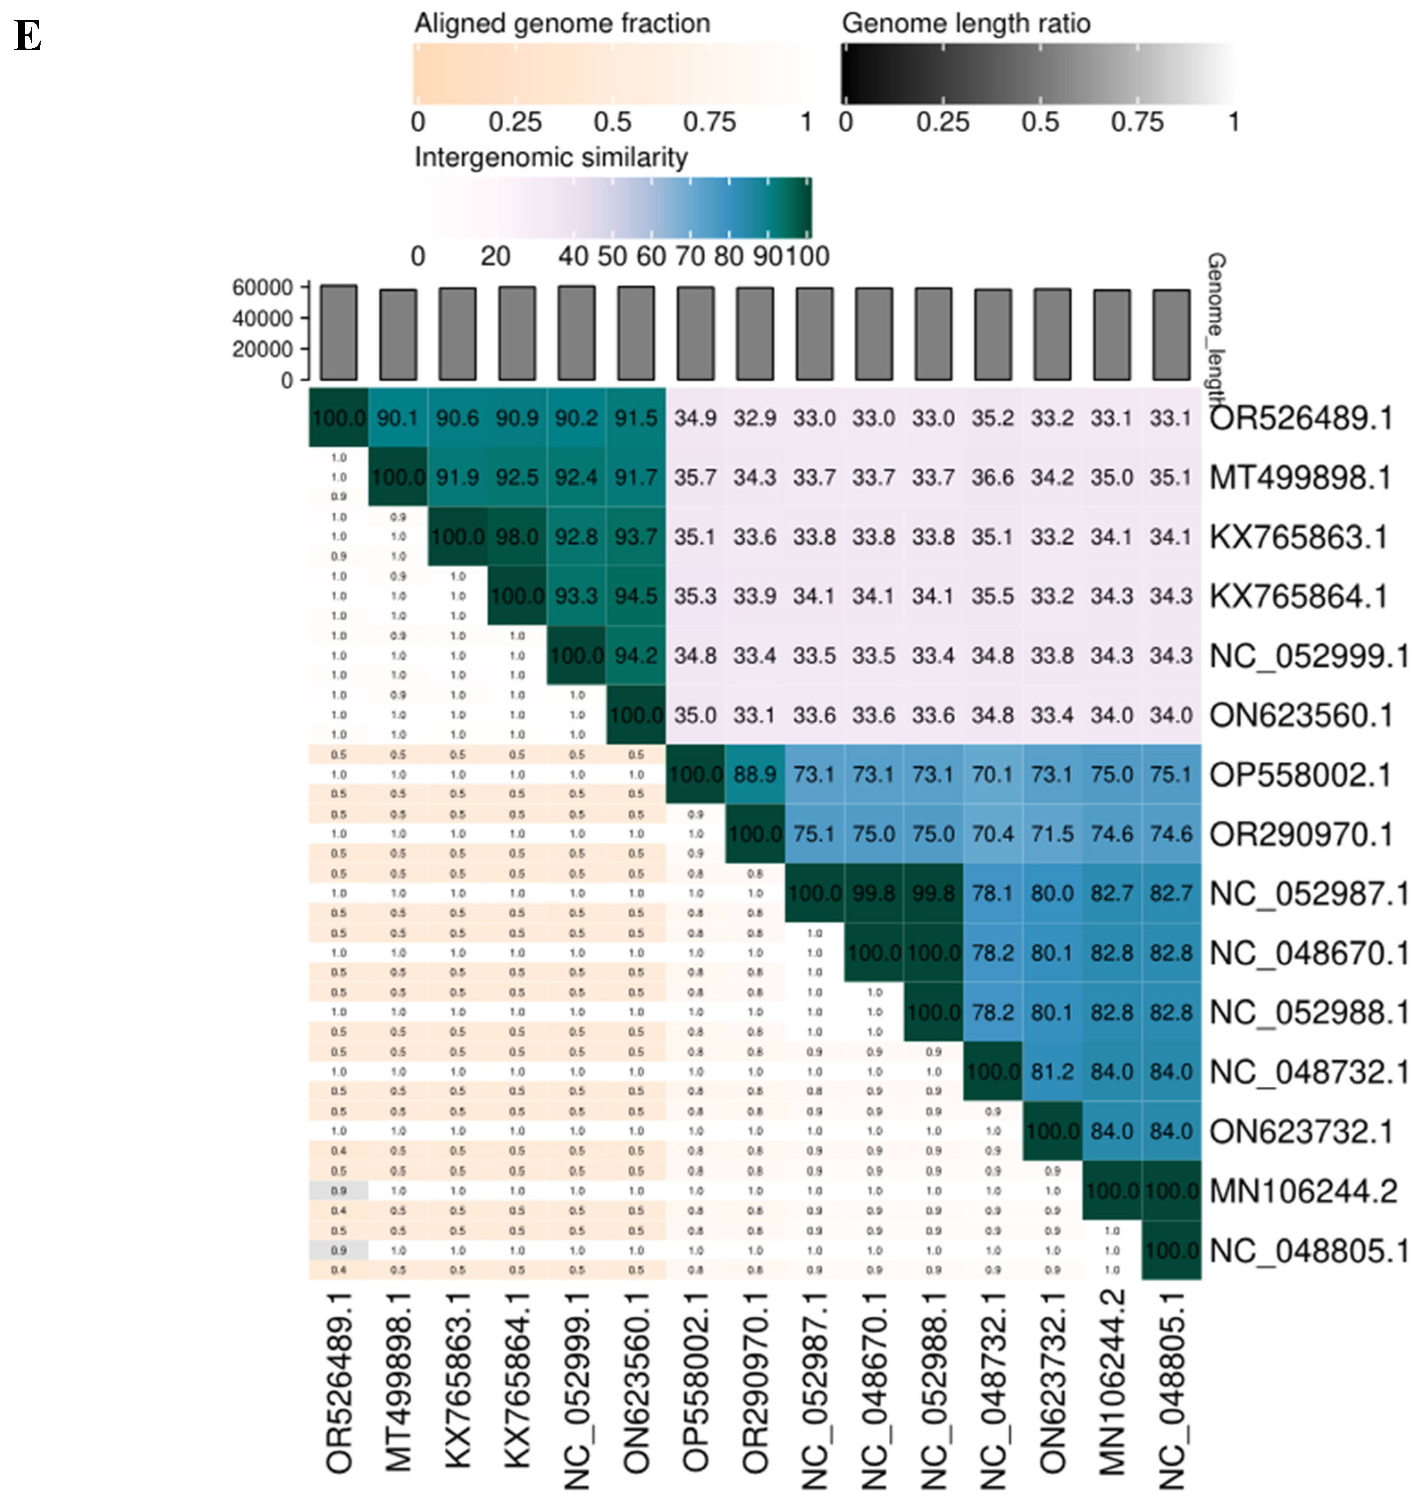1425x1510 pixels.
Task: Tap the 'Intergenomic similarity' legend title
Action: point(551,157)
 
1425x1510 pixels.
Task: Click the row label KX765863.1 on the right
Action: point(1298,537)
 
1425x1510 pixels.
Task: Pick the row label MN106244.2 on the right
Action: point(1303,1191)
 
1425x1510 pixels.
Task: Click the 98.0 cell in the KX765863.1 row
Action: point(517,537)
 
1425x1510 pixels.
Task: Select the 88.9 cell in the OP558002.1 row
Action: point(755,775)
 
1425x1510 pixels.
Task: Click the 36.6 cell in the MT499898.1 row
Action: point(993,478)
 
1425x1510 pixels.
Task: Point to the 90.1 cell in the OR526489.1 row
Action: point(398,418)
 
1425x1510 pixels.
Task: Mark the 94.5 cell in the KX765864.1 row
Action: point(636,596)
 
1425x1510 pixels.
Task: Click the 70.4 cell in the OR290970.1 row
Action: point(993,834)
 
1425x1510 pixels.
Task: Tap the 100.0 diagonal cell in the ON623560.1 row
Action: point(636,715)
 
